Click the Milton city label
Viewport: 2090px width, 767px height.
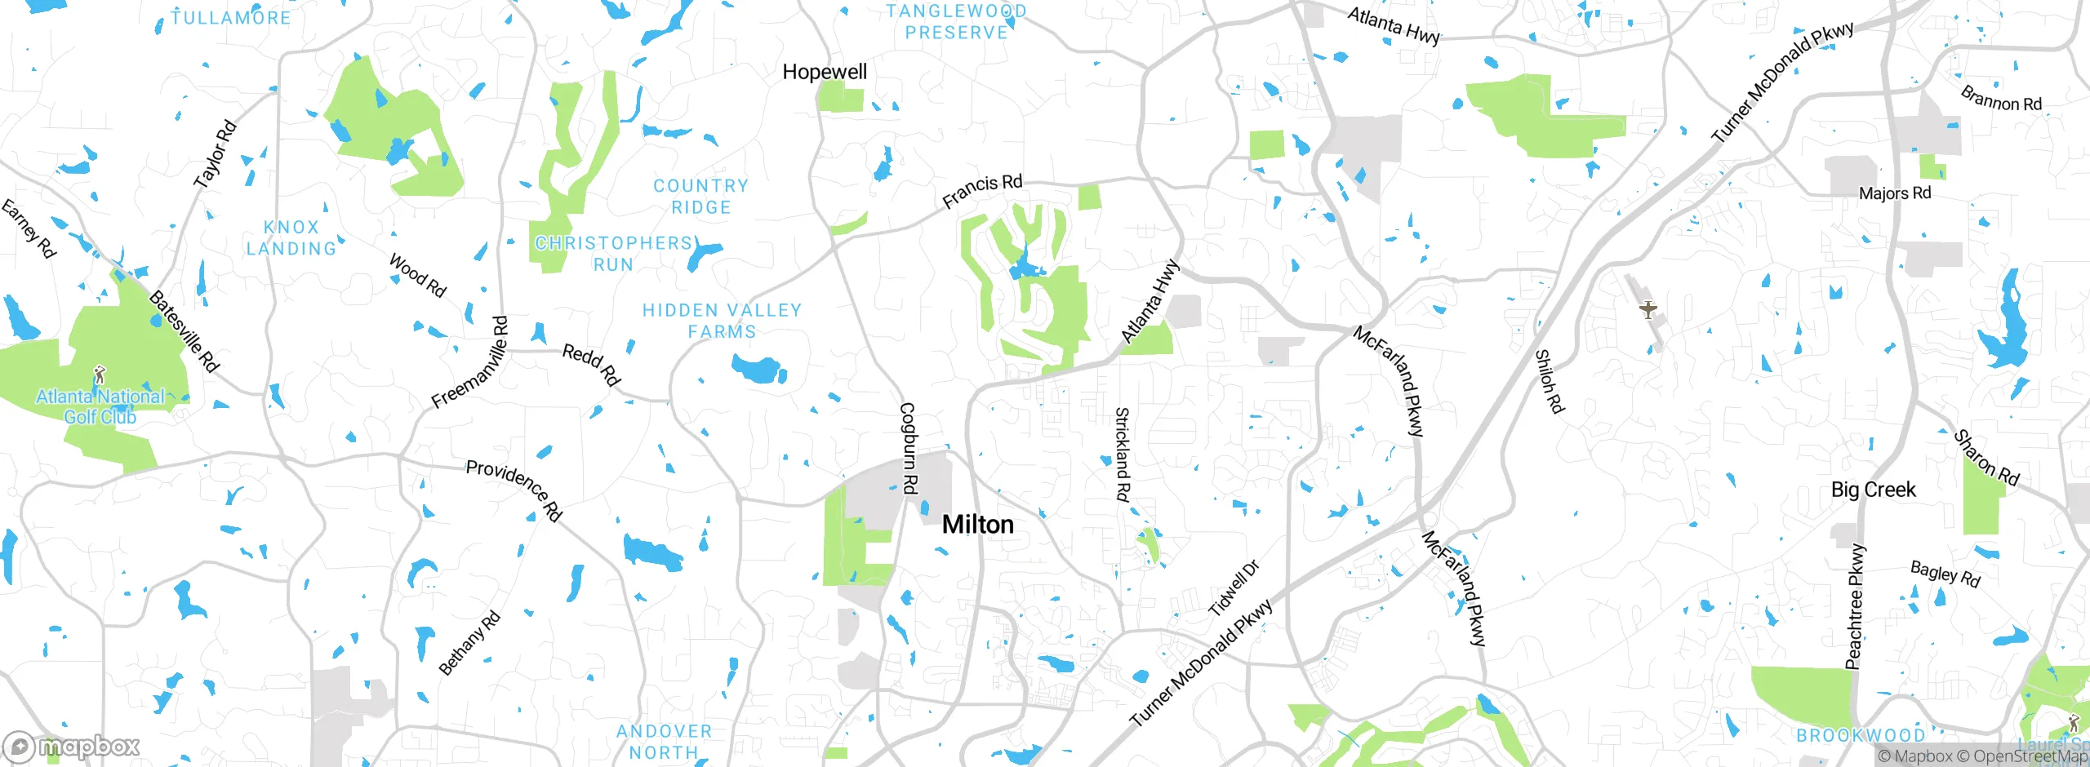pyautogui.click(x=977, y=525)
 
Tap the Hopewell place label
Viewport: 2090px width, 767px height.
pyautogui.click(x=825, y=72)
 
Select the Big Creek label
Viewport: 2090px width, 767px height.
pyautogui.click(x=1873, y=490)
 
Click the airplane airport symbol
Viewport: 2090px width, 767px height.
pyautogui.click(x=1648, y=310)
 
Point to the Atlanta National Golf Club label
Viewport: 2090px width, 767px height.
pyautogui.click(x=100, y=406)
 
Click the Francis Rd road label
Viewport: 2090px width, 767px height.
pyautogui.click(x=982, y=191)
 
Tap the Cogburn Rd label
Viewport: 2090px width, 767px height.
pyautogui.click(x=908, y=448)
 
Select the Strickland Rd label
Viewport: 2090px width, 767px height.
pyautogui.click(x=1123, y=454)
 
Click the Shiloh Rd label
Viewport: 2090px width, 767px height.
pyautogui.click(x=1549, y=381)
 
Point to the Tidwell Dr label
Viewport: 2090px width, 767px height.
pyautogui.click(x=1234, y=587)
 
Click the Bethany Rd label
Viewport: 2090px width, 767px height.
pyautogui.click(x=469, y=643)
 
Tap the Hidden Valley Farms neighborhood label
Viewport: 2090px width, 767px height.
pyautogui.click(x=722, y=321)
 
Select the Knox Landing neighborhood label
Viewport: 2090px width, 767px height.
pyautogui.click(x=291, y=238)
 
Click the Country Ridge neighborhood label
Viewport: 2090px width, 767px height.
pyautogui.click(x=700, y=197)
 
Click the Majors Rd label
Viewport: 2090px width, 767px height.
pyautogui.click(x=1895, y=193)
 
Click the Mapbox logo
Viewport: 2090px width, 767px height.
pyautogui.click(x=72, y=746)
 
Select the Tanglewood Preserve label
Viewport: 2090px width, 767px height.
pyautogui.click(x=956, y=22)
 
